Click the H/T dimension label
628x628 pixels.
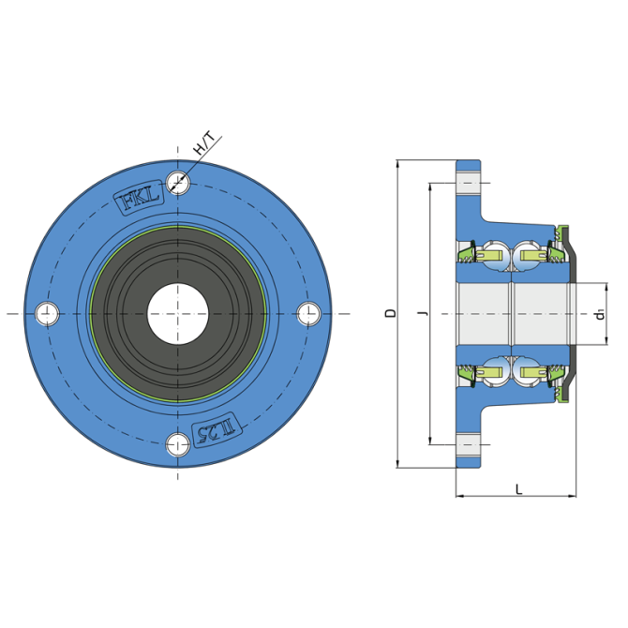click(x=204, y=144)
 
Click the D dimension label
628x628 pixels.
click(x=390, y=313)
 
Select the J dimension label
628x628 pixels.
click(x=422, y=312)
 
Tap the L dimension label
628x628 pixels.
click(x=518, y=489)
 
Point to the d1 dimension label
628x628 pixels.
click(x=600, y=315)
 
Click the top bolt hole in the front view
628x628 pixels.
click(x=178, y=183)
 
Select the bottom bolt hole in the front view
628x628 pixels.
click(x=178, y=444)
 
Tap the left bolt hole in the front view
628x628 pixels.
click(x=47, y=314)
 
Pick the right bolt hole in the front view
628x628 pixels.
click(x=308, y=314)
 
